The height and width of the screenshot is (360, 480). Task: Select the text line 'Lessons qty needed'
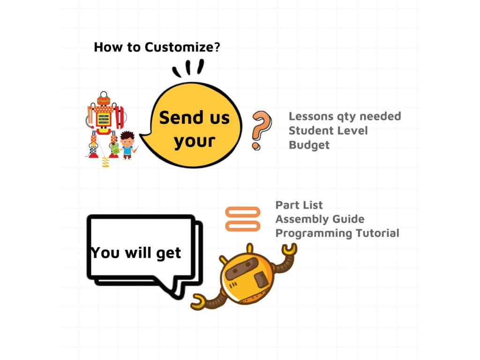(x=345, y=116)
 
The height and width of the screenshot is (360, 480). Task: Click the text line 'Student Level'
(x=328, y=130)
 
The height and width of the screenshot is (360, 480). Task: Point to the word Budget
(x=309, y=145)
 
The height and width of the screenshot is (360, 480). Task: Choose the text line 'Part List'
(x=299, y=205)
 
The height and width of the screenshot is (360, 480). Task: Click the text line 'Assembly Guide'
(x=320, y=219)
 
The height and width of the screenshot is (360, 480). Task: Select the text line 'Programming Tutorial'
(x=337, y=233)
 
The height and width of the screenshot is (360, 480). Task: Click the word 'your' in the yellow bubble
(x=195, y=141)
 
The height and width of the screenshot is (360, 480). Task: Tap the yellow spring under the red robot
(x=105, y=162)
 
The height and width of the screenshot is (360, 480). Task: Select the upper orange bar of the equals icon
(x=243, y=212)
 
